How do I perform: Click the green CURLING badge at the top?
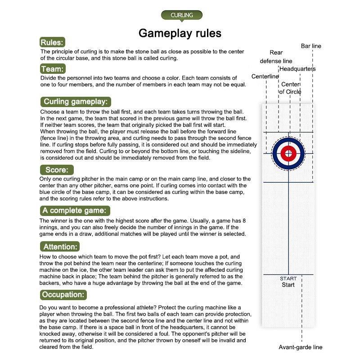point(182,15)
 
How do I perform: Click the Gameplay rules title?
point(180,33)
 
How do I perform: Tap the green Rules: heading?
point(53,43)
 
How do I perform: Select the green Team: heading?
point(53,69)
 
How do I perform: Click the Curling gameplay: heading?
point(75,101)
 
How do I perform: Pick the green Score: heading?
point(56,170)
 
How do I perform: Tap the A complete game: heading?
point(74,210)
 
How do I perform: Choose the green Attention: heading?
point(60,246)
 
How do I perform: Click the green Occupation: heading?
point(63,295)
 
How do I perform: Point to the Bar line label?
point(311,46)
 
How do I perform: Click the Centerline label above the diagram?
point(265,76)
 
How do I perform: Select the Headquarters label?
point(297,69)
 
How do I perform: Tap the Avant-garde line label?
point(300,347)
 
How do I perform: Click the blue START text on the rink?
point(288,279)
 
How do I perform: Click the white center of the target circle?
point(288,153)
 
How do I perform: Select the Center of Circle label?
point(290,88)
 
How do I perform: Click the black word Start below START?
point(288,285)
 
